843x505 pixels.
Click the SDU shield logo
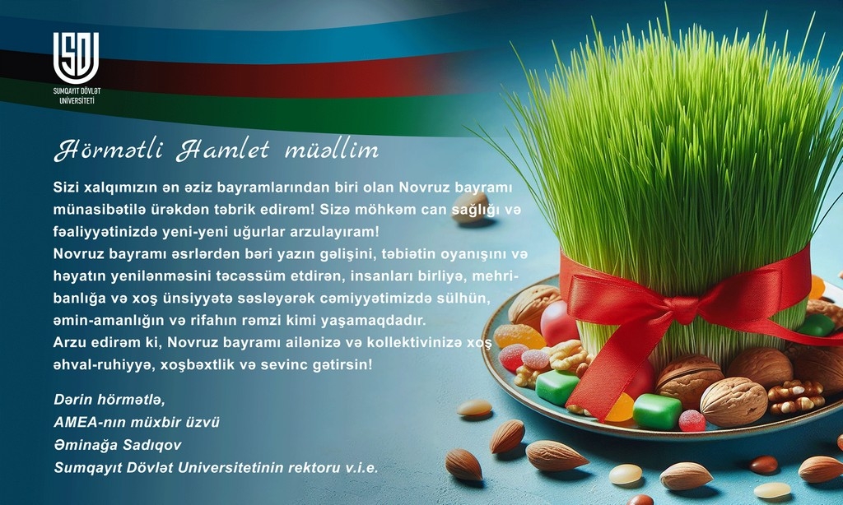point(76,58)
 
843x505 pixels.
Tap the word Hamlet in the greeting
point(223,151)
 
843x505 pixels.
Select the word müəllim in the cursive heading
point(332,151)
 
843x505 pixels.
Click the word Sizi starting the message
point(66,188)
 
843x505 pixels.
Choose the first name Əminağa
point(83,445)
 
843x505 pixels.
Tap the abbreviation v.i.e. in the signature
point(362,467)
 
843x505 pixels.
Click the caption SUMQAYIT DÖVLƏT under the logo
point(77,91)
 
